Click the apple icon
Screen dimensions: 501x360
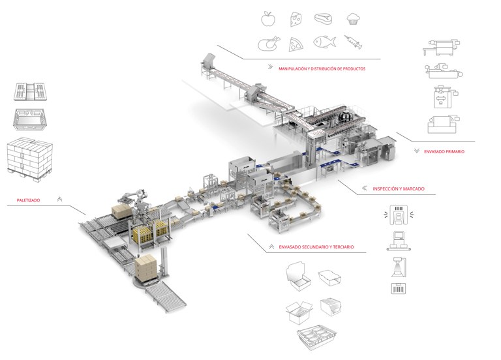pyautogui.click(x=268, y=18)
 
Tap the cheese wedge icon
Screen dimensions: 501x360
pyautogui.click(x=296, y=20)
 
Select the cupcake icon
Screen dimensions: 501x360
pyautogui.click(x=354, y=19)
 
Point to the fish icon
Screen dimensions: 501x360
pyautogui.click(x=325, y=42)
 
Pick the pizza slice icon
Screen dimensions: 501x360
pyautogui.click(x=296, y=44)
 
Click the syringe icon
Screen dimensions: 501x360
pyautogui.click(x=354, y=42)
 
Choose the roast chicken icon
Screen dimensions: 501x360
pyautogui.click(x=269, y=44)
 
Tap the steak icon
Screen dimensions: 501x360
pyautogui.click(x=324, y=18)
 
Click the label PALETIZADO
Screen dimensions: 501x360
pyautogui.click(x=29, y=200)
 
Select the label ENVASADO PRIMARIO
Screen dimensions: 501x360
pyautogui.click(x=444, y=152)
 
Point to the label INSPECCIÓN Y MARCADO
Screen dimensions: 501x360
pyautogui.click(x=399, y=188)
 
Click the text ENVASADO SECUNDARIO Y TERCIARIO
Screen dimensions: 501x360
pyautogui.click(x=316, y=247)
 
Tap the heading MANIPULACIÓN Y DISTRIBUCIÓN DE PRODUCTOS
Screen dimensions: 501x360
pyautogui.click(x=322, y=68)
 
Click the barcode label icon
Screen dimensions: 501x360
pyautogui.click(x=399, y=288)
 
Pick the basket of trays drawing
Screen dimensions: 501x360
pyautogui.click(x=316, y=338)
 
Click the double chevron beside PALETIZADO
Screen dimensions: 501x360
pyautogui.click(x=59, y=200)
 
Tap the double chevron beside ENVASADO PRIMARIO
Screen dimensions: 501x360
pyautogui.click(x=416, y=151)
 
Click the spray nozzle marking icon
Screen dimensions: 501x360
pyautogui.click(x=399, y=267)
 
